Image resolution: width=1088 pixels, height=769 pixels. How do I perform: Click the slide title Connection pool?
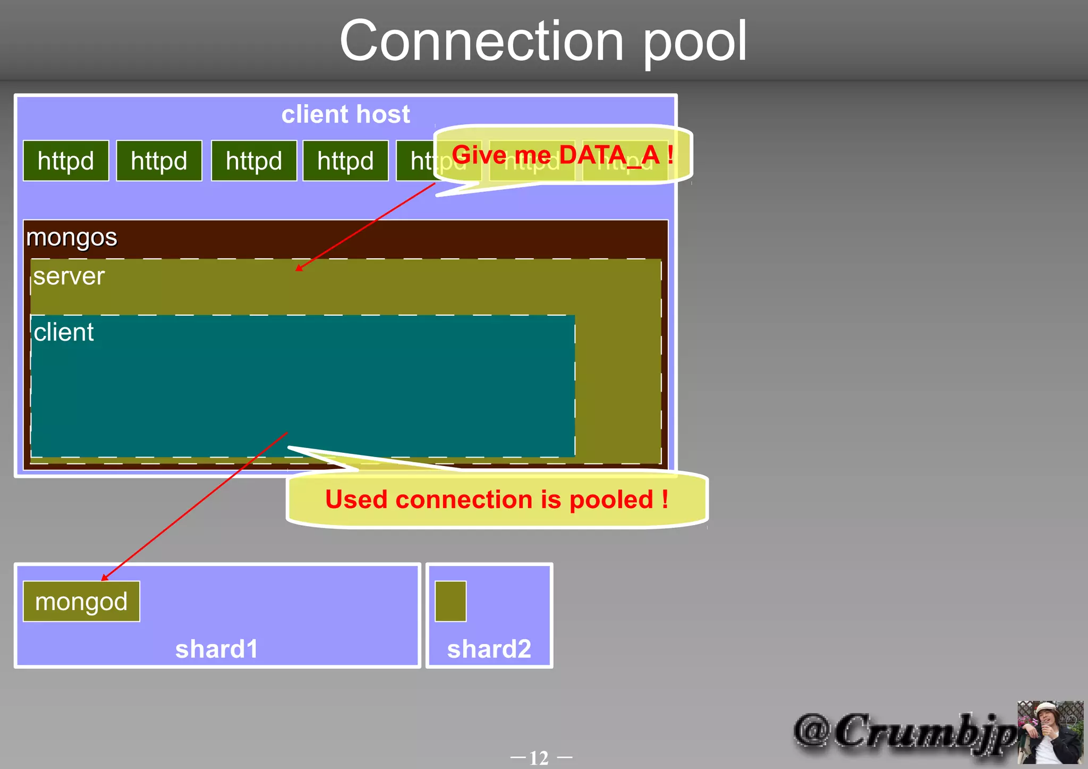[543, 41]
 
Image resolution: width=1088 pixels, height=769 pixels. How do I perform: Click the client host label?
[345, 114]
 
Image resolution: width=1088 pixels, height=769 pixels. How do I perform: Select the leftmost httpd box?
[66, 161]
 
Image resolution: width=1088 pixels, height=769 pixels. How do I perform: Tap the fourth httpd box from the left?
[345, 161]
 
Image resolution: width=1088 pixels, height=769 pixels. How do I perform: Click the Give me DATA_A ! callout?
[562, 155]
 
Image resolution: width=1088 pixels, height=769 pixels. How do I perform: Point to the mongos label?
[72, 237]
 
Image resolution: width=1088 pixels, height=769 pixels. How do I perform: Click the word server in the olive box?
[69, 276]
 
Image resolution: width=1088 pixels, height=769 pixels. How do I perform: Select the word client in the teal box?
[64, 333]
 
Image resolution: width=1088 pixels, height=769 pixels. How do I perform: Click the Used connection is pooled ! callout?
[497, 500]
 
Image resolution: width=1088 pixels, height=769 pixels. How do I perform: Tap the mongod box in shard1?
[81, 602]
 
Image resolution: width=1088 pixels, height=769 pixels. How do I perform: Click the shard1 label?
[217, 649]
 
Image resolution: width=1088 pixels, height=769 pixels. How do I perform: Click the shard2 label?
[489, 649]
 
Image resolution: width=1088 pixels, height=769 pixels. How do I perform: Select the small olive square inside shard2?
[450, 602]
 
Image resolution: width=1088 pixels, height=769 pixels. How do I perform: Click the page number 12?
[540, 757]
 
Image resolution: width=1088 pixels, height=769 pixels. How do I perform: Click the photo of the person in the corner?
[1050, 732]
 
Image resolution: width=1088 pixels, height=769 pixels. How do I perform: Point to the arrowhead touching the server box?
[299, 268]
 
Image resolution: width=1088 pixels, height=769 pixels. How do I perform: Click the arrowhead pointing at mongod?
[105, 578]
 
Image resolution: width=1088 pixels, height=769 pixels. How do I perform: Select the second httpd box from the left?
[159, 161]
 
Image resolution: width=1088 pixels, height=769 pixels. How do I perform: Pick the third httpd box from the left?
[254, 161]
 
